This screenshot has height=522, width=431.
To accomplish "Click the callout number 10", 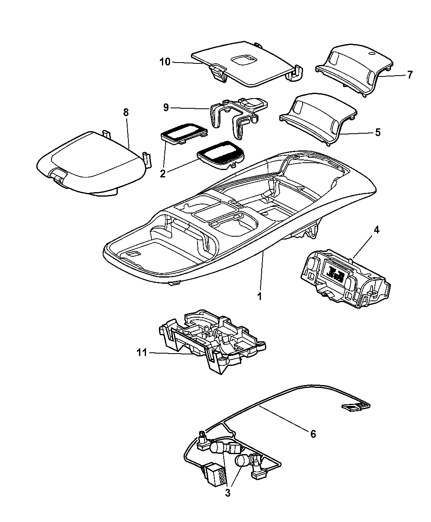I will tap(164, 62).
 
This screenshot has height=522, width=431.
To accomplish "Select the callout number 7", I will tap(410, 75).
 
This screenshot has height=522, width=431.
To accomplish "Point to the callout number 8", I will tap(126, 112).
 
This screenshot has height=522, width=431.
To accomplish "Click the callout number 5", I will tap(377, 132).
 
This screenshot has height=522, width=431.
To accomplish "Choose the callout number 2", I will tap(163, 173).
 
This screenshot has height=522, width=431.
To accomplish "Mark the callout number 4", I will tap(376, 230).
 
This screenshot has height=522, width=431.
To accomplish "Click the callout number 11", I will tap(142, 352).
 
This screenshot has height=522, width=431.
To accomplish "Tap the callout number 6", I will tap(313, 434).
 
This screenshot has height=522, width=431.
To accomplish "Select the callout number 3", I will tap(228, 493).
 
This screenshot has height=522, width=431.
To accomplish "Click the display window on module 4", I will tap(334, 271).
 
